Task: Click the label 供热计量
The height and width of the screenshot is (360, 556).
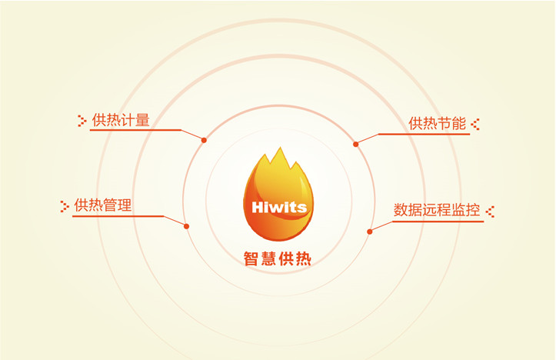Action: (121, 120)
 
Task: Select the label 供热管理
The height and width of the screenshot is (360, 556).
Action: (103, 205)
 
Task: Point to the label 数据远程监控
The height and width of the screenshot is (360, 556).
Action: (436, 209)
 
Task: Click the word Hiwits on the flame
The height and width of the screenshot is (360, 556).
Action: (278, 207)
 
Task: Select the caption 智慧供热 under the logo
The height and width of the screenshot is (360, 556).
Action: (278, 259)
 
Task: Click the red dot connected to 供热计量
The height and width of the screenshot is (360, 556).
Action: (204, 140)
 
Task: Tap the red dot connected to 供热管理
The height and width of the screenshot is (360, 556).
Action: (186, 225)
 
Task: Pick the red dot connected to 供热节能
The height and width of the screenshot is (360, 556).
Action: (355, 144)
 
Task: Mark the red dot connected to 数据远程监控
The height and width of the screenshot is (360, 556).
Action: (369, 231)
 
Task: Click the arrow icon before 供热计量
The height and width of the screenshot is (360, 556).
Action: (82, 120)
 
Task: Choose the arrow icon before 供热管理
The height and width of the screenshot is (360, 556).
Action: (65, 205)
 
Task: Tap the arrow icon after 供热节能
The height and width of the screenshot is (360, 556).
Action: (475, 123)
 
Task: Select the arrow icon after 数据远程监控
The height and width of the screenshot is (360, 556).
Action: (490, 209)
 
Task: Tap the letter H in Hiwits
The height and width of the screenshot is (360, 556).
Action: (258, 207)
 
